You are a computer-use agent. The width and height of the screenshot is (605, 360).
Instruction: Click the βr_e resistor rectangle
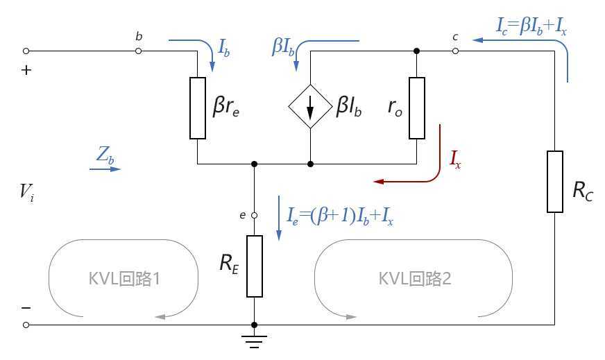tap(198, 108)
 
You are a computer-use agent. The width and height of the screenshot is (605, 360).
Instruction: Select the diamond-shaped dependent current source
tap(310, 108)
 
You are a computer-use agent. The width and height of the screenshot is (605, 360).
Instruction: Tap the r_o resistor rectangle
tap(416, 108)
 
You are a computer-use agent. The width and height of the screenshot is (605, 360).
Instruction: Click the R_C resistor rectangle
tap(555, 181)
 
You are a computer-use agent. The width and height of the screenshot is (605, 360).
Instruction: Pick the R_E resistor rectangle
tap(255, 266)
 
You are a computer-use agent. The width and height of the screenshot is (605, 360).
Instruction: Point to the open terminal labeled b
tap(139, 51)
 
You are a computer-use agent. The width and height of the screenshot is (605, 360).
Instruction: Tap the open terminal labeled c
tap(454, 51)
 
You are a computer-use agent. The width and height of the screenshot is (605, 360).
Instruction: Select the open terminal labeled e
tap(255, 216)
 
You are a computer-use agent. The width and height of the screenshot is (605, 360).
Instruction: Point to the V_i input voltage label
tap(27, 191)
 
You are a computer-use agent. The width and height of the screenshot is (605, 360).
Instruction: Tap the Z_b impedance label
tap(105, 156)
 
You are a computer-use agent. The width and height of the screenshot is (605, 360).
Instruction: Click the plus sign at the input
tap(28, 70)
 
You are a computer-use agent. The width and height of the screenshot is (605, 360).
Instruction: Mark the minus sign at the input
tap(27, 308)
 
